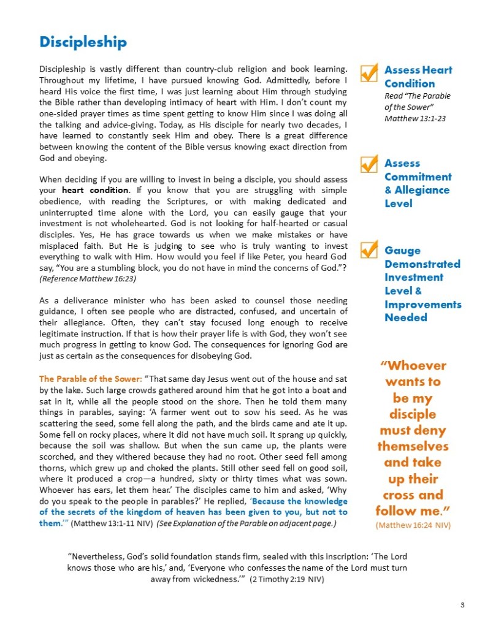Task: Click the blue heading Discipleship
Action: (x=83, y=42)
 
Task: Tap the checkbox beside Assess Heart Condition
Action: (x=369, y=72)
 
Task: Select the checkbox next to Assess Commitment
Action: (x=369, y=164)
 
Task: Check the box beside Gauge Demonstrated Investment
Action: (x=369, y=251)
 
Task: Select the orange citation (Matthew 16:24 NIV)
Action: (x=412, y=525)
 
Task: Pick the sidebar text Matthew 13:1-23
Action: (x=414, y=118)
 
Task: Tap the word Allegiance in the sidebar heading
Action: (x=422, y=190)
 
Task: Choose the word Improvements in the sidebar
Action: (x=422, y=304)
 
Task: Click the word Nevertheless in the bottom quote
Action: (x=98, y=557)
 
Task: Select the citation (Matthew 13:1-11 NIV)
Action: (x=113, y=525)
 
